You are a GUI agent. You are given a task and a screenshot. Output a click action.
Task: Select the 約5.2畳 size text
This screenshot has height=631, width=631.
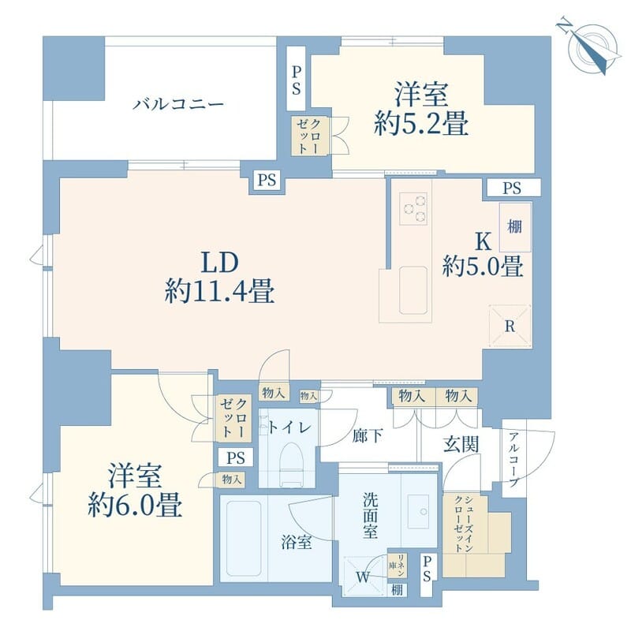(422, 124)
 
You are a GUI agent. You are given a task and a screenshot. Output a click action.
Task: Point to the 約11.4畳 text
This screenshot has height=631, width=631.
(219, 293)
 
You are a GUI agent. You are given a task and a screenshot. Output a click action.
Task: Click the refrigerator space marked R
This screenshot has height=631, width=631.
(509, 324)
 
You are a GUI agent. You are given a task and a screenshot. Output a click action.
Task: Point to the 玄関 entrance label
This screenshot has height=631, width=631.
(460, 444)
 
